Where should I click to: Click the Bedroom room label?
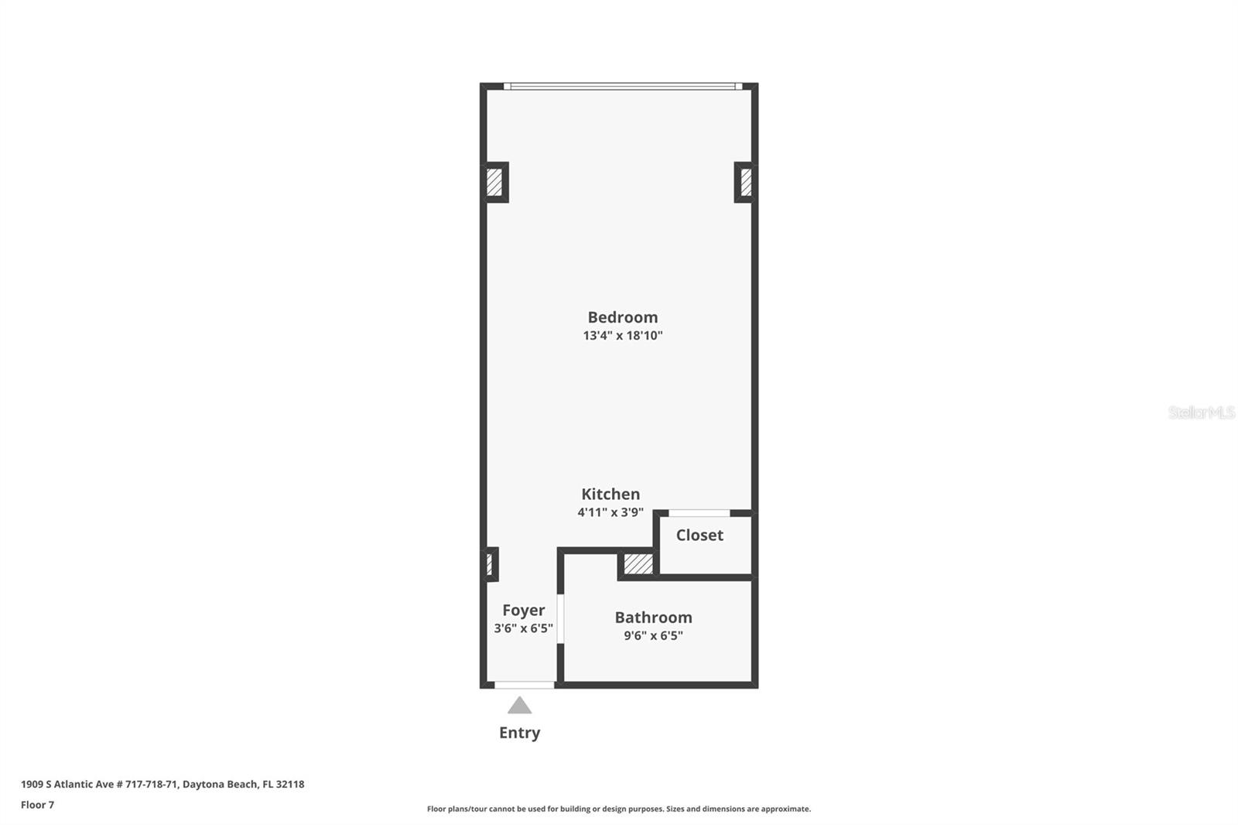tap(622, 317)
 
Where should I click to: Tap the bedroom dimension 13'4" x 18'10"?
tap(622, 336)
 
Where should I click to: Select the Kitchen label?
tap(610, 495)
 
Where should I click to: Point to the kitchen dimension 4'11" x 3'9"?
tap(610, 512)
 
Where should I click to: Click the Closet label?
tap(699, 536)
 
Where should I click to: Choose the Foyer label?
tap(523, 611)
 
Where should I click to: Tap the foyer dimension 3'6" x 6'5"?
tap(523, 628)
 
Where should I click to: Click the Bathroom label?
tap(653, 618)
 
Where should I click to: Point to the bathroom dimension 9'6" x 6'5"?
tap(653, 636)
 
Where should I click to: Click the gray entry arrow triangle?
tap(519, 706)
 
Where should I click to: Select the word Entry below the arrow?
tap(519, 733)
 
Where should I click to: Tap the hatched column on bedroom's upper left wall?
tap(494, 183)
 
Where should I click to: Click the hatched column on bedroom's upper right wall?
tap(745, 183)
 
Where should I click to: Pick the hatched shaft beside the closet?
tap(638, 563)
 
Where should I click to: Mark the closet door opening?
tap(699, 513)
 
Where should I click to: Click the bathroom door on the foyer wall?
tap(560, 618)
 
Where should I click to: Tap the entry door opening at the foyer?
tap(525, 685)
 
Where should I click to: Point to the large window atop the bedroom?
tap(622, 87)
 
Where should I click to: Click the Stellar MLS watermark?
tap(1201, 412)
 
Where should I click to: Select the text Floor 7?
tap(37, 805)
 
